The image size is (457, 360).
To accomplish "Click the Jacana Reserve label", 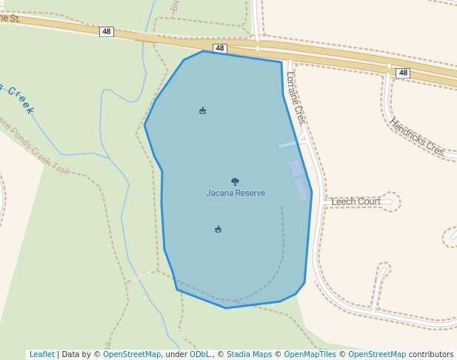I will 236,193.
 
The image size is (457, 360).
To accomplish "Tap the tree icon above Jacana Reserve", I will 235,181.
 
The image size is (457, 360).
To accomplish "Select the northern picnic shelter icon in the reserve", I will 202,111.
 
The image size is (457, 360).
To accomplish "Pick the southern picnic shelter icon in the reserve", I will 218,229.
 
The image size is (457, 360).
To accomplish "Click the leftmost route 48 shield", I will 107,32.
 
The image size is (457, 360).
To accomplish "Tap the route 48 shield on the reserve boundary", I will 219,48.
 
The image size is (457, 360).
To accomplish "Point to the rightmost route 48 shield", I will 402,73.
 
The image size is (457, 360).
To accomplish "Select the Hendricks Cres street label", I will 416,137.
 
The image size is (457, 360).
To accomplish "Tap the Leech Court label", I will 356,201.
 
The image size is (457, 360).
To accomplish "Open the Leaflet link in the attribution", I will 41,354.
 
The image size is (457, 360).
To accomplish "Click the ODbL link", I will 200,354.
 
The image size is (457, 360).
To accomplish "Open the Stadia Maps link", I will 249,354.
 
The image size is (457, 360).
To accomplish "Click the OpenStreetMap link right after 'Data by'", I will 132,354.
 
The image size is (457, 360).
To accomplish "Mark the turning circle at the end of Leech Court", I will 391,201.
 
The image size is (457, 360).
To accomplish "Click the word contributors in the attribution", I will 431,354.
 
